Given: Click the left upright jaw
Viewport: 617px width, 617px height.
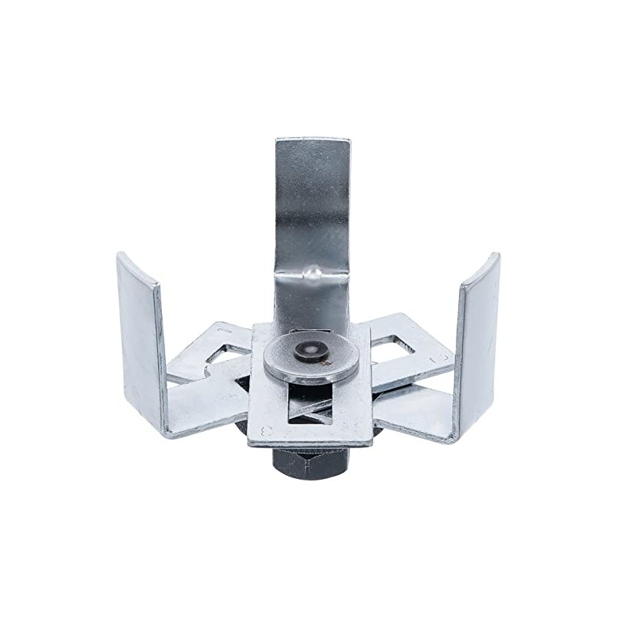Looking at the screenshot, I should tap(140, 339).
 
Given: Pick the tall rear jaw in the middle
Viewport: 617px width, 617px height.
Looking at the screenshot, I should tap(312, 216).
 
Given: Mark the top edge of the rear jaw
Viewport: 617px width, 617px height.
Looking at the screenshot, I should tap(312, 140).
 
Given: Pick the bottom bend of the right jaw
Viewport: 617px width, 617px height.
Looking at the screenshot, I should tap(453, 436).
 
